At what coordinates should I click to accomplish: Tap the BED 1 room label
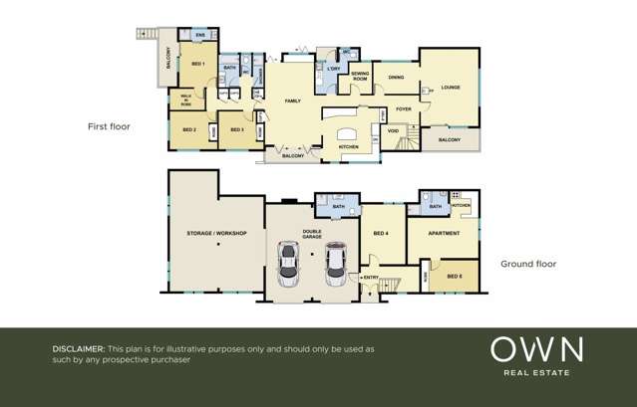click(197, 64)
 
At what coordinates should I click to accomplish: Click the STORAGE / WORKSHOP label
click(216, 233)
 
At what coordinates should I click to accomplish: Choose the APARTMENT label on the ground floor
click(444, 234)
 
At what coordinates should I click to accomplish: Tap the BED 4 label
click(381, 233)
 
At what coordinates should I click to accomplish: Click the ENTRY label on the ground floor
click(372, 278)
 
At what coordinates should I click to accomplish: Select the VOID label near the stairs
click(394, 130)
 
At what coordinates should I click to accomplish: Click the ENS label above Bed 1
click(199, 35)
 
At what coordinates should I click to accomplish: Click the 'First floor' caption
click(109, 127)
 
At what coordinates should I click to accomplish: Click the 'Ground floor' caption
click(528, 264)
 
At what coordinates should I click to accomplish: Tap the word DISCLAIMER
click(78, 349)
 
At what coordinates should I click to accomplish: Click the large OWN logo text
click(536, 349)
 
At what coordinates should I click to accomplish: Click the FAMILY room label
click(293, 101)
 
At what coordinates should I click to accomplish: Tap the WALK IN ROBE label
click(185, 99)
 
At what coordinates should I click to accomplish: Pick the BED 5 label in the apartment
click(454, 276)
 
